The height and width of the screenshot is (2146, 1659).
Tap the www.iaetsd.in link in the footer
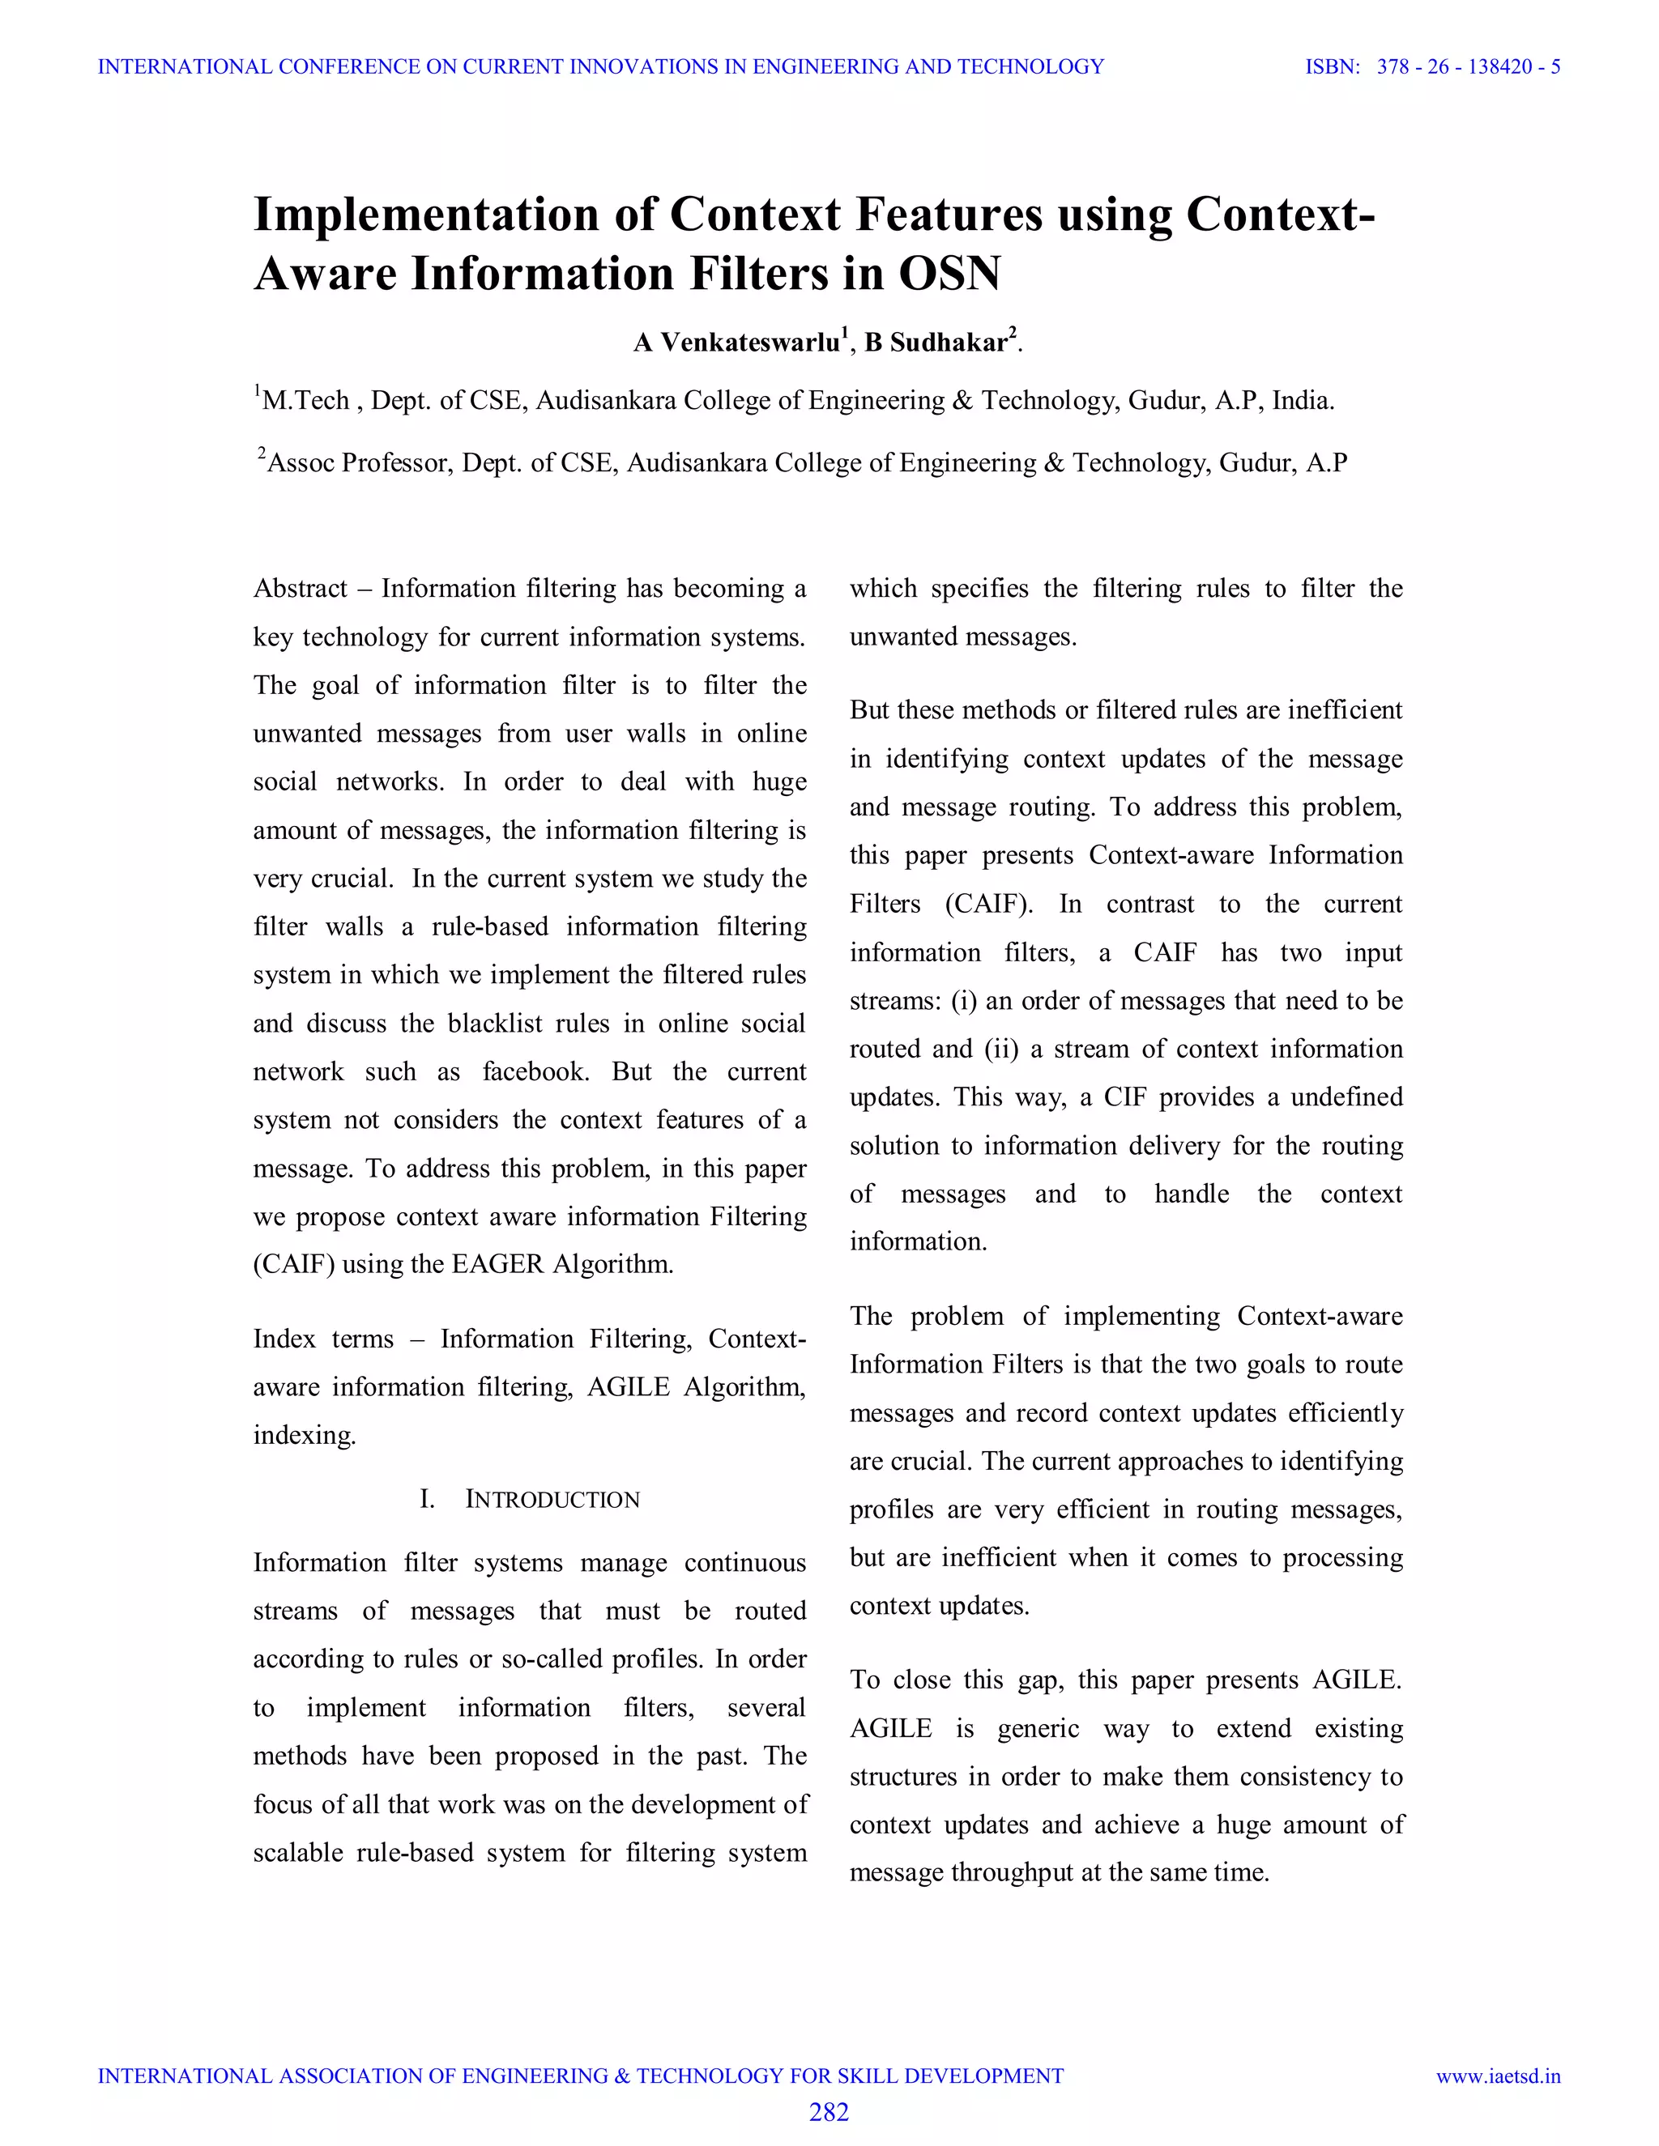coord(1498,2076)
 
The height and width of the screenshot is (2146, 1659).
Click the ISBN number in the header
coord(1469,67)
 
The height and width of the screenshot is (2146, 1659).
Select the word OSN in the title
coord(949,273)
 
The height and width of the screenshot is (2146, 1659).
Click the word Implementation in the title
coord(425,215)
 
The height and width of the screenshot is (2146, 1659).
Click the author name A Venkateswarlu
coord(737,342)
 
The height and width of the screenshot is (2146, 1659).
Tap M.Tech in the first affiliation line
coord(305,401)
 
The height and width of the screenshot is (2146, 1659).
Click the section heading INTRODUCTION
coord(552,1500)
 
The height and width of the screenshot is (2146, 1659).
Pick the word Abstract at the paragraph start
coord(300,589)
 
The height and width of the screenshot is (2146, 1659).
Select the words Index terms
coord(323,1339)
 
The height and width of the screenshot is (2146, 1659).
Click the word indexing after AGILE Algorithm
coord(304,1436)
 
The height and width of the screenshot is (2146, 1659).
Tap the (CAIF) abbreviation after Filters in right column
coord(989,904)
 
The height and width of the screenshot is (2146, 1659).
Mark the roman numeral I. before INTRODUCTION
coord(427,1500)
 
